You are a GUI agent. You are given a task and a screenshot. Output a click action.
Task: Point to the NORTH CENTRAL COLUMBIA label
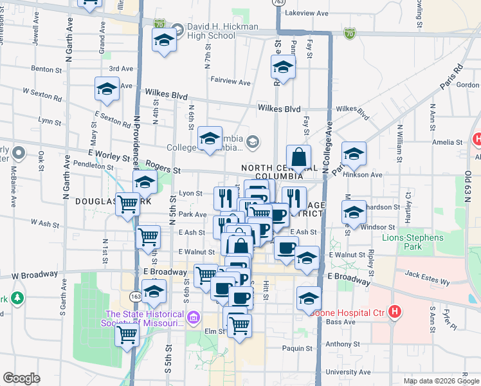(x=271, y=172)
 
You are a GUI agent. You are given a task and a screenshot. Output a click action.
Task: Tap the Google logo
(x=21, y=378)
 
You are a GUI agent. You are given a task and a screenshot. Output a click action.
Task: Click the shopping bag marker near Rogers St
(x=299, y=158)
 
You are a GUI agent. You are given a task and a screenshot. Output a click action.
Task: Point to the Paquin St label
(x=296, y=349)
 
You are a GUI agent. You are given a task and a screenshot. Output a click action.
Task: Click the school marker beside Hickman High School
(x=164, y=41)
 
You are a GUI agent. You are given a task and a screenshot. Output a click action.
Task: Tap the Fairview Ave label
(x=230, y=82)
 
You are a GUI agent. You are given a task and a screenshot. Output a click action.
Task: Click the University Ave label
(x=348, y=372)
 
